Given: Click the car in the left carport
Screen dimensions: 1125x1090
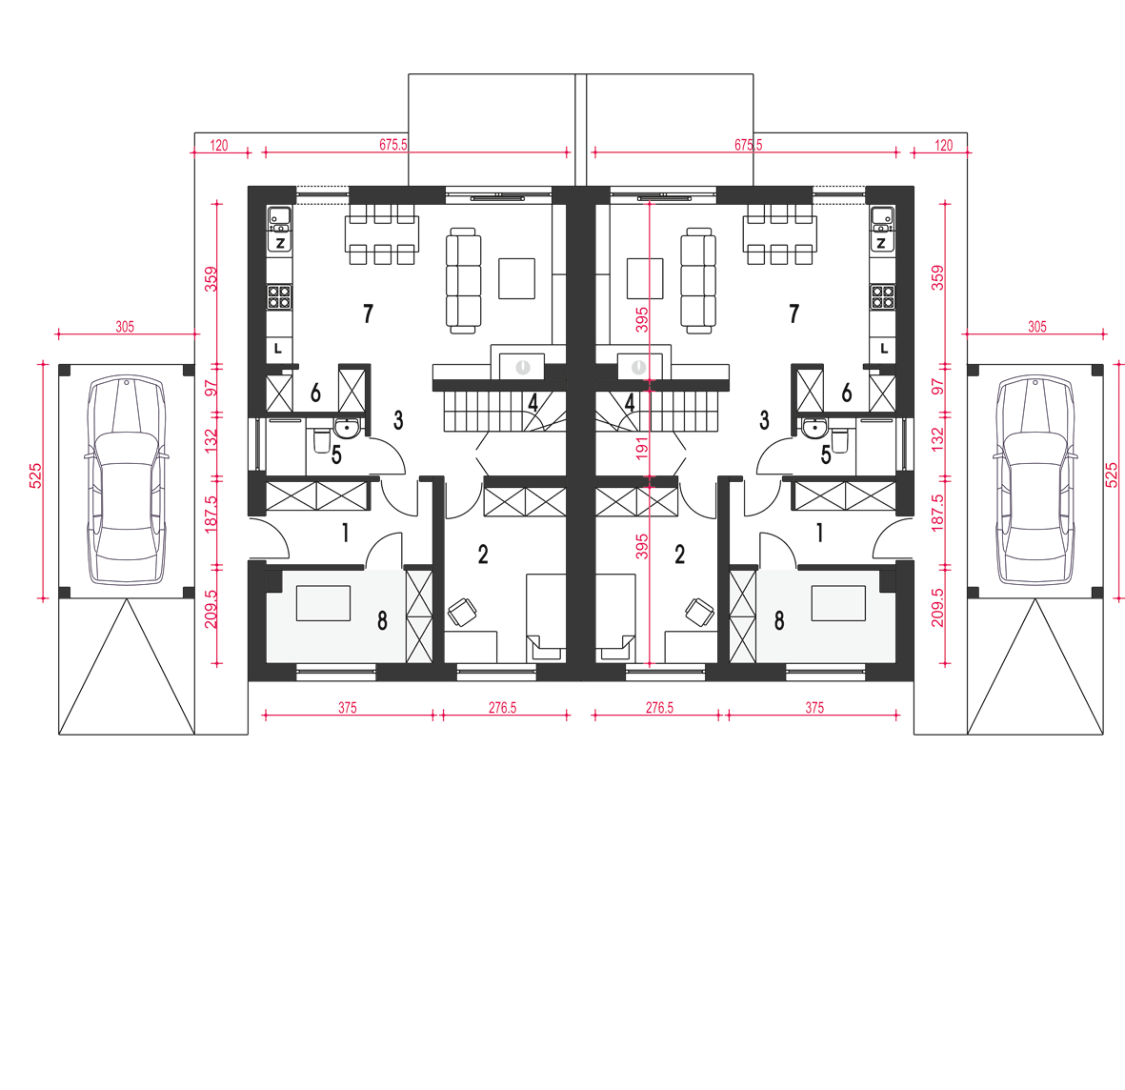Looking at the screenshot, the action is click(126, 481).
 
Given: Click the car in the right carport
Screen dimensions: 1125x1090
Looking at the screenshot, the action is click(1035, 481).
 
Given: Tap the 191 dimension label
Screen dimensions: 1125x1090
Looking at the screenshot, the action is click(642, 448).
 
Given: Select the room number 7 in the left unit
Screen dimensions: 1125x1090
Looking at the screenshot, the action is click(368, 313).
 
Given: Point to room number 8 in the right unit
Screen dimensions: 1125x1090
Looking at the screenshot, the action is click(779, 620).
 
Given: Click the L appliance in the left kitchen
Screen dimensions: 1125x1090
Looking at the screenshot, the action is click(278, 350).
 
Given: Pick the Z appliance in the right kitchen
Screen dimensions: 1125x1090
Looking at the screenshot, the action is click(881, 243).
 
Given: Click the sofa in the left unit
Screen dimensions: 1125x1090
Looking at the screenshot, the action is click(462, 280).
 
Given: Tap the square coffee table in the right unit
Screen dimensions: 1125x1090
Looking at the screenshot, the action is click(644, 278).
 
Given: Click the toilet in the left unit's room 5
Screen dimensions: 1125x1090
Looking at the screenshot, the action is click(321, 441).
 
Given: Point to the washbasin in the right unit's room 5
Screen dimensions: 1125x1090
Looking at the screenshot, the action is click(814, 429).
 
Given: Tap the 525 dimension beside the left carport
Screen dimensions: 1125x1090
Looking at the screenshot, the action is click(36, 475).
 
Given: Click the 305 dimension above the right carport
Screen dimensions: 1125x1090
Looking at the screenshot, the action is click(1036, 327).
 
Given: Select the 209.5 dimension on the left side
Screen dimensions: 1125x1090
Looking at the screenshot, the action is click(211, 609).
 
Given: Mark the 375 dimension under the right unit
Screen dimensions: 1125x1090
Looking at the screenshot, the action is click(814, 708).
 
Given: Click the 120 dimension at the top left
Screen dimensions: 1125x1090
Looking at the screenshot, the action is click(219, 146).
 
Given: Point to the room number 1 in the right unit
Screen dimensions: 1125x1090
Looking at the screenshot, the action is click(819, 533).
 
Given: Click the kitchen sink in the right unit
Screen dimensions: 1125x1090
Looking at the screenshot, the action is click(881, 214).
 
